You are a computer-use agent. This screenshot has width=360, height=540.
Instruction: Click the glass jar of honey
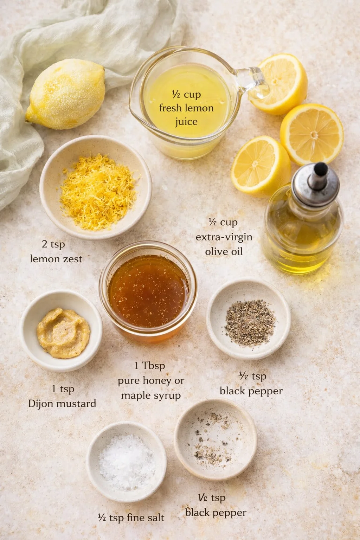(148, 292)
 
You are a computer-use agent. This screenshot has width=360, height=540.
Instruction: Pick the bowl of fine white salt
(126, 461)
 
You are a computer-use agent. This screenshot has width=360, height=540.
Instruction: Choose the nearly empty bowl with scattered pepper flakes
(215, 439)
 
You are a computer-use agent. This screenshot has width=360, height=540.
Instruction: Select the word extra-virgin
(224, 237)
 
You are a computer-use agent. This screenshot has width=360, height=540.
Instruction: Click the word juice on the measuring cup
(186, 122)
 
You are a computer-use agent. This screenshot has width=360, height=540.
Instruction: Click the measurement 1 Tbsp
(149, 366)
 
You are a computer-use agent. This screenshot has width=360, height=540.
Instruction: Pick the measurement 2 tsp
(53, 244)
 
